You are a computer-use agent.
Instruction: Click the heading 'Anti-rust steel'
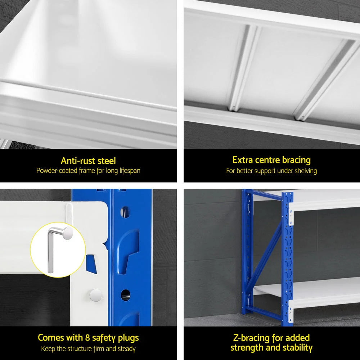coord(88,161)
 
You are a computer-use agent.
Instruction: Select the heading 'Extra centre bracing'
coord(271,160)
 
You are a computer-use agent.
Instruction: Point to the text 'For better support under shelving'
coord(271,171)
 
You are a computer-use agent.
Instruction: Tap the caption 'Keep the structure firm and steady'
coord(88,348)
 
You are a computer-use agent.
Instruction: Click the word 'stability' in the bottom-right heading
coord(295,348)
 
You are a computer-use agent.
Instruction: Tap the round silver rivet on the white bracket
coord(95,295)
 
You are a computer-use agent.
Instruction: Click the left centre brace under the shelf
coord(245,68)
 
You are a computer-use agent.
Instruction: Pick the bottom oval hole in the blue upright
coord(125,294)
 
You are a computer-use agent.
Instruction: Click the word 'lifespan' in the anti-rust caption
coord(129,171)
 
